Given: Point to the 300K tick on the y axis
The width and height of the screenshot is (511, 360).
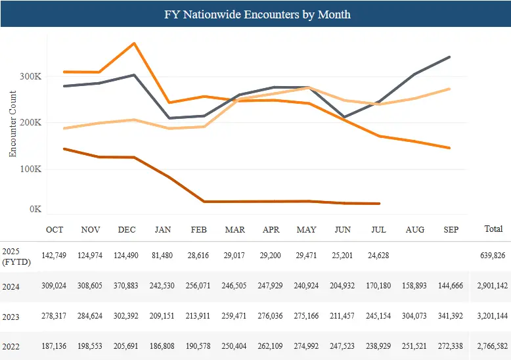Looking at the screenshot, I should point(32,76).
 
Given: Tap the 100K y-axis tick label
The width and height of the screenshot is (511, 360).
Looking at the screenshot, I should point(32,169).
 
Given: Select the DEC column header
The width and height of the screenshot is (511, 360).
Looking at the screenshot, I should point(127,229).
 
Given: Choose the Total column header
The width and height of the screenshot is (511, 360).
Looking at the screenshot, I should point(493,229).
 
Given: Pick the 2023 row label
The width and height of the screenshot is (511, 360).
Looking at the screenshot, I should point(11,317).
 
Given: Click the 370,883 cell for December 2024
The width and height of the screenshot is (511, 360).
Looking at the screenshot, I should point(127,286).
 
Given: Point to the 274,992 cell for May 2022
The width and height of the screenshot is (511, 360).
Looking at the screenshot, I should point(307,347).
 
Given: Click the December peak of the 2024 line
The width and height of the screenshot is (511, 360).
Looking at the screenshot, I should point(135,43).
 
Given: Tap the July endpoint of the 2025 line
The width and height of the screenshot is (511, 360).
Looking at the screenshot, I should point(380,204).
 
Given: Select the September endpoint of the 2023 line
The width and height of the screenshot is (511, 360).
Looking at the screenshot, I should point(450,57).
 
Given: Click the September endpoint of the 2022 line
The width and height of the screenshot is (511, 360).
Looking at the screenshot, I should point(450,89).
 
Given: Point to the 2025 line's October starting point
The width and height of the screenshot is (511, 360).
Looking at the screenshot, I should point(64,148).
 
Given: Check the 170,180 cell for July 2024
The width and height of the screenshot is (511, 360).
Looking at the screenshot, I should point(379,286).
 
